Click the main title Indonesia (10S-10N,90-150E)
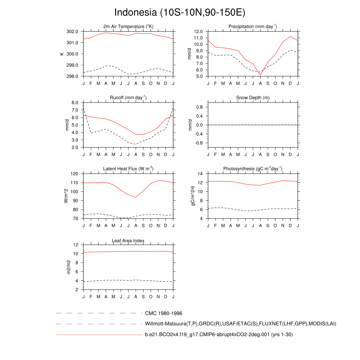pos(180,12)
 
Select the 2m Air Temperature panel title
pos(128,26)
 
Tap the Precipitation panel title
pos(253,26)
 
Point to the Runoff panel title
pos(128,97)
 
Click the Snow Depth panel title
pos(253,97)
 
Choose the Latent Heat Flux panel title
pos(128,169)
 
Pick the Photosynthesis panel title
pos(253,169)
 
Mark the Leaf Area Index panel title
pos(128,240)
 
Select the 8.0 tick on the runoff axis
pos(75,103)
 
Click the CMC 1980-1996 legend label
pos(163,313)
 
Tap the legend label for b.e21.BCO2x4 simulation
pos(219,335)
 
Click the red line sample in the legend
pos(98,335)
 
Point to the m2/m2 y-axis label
pos(69,267)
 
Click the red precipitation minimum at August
pos(261,75)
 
